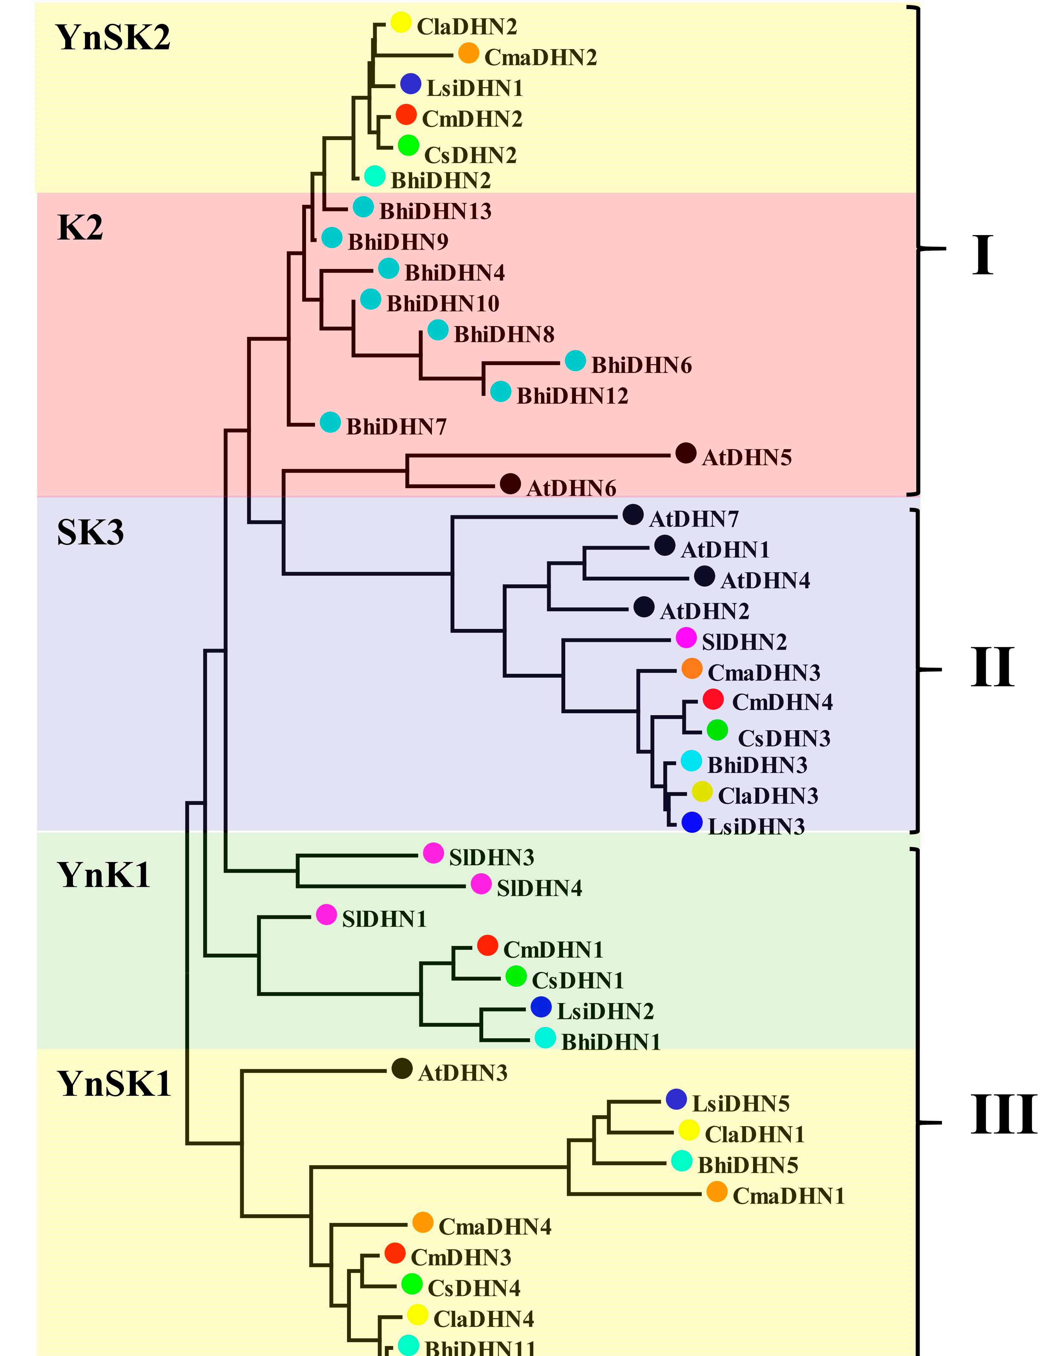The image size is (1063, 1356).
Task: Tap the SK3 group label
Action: (90, 533)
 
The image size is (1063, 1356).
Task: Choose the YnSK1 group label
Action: (114, 1084)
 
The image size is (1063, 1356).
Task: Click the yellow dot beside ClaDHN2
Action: (401, 22)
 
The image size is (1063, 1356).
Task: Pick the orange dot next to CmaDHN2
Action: (469, 53)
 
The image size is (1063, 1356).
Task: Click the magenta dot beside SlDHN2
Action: (686, 637)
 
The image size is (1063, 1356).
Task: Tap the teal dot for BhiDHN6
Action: (575, 360)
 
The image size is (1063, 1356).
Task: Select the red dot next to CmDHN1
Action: (487, 945)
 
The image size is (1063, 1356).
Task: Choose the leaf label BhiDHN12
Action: (573, 396)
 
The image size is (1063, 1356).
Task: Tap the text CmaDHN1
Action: (789, 1196)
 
